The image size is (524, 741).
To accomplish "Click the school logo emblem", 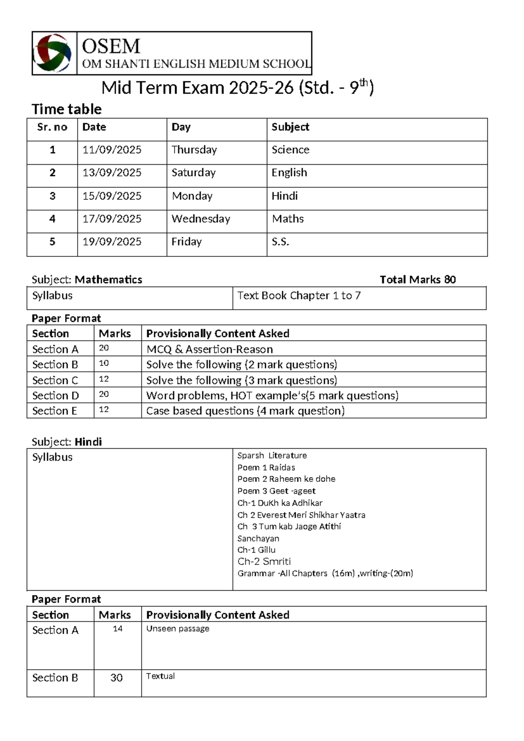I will [x=53, y=53].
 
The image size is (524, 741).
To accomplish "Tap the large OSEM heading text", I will [x=111, y=46].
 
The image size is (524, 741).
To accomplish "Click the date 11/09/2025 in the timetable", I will [x=112, y=150].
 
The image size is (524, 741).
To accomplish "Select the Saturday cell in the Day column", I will [x=193, y=173].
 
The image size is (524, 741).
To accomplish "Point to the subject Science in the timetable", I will [x=290, y=150].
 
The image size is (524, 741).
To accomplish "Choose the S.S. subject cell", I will [x=280, y=242].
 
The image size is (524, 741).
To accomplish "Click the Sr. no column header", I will [x=52, y=127].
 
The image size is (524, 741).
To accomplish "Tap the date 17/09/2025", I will [x=112, y=219].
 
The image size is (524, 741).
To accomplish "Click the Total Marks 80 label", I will [x=417, y=280].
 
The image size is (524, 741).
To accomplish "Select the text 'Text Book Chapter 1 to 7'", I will [x=299, y=296].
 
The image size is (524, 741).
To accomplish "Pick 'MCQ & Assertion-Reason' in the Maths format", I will [x=210, y=349].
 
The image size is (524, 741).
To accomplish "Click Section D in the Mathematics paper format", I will [x=55, y=395].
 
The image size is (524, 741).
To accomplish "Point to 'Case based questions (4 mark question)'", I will [x=245, y=411].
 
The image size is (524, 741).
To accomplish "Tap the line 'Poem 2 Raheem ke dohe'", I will [x=286, y=479].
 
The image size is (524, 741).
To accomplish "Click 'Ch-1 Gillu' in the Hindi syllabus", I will [x=256, y=550].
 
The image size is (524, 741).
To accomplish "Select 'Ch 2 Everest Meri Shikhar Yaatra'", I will [x=301, y=515].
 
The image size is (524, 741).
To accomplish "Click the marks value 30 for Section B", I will [x=117, y=678].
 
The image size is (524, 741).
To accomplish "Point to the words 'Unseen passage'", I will [x=178, y=629].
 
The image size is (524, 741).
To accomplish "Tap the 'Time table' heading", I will [x=66, y=109].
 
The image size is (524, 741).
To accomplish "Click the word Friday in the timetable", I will [x=186, y=242].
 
